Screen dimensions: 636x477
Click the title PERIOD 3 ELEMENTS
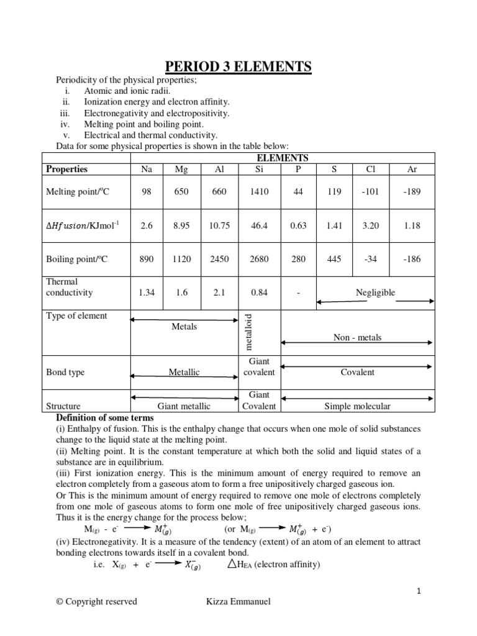pos(238,66)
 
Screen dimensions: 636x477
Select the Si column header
pos(259,169)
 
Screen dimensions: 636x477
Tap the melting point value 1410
pos(259,192)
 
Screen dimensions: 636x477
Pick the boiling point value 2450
pos(219,259)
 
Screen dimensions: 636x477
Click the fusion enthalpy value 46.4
pos(259,225)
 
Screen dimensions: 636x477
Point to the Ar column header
pos(412,169)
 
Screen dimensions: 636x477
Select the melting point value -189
pos(412,192)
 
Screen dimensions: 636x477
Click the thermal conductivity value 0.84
pos(259,293)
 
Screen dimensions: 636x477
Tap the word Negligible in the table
pos(375,293)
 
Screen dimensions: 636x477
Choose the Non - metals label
pos(357,337)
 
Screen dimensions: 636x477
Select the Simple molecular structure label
pos(357,406)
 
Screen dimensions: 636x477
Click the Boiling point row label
pos(77,259)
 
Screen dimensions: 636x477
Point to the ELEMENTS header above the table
pos(283,158)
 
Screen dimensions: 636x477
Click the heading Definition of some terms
pos(105,417)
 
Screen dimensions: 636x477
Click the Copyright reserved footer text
pos(96,601)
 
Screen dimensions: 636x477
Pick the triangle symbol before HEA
pos(232,563)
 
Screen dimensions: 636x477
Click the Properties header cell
pos(67,169)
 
